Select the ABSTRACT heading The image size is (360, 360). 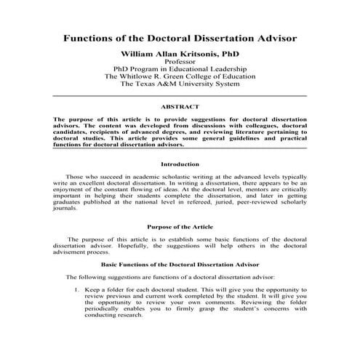tap(180, 107)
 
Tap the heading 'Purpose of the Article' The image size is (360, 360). tap(180, 227)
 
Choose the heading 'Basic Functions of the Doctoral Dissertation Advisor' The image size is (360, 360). tap(180, 264)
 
